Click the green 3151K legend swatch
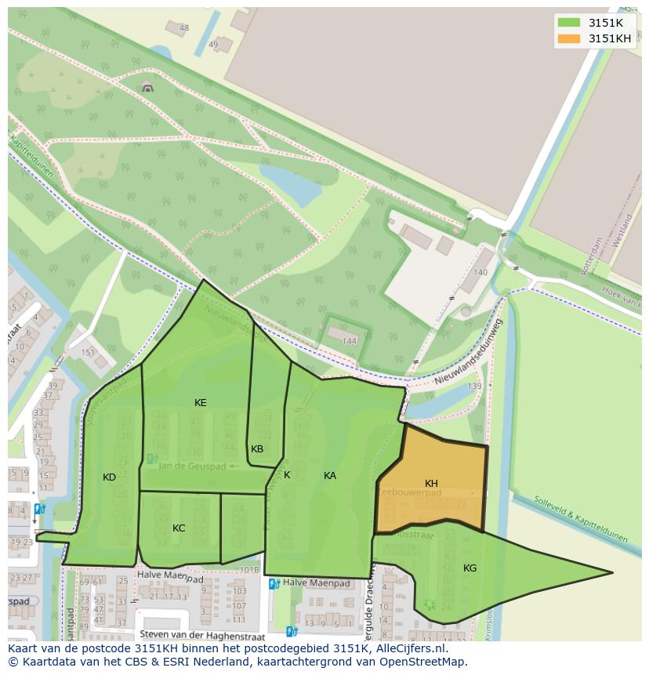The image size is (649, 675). [x=569, y=23]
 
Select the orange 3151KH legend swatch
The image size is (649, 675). [x=569, y=38]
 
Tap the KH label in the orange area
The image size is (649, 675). [x=431, y=483]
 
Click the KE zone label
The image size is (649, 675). [x=201, y=402]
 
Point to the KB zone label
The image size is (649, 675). [x=257, y=448]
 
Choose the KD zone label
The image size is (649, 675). [x=109, y=477]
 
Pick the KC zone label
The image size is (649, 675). [x=179, y=528]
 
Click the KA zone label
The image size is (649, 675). [x=330, y=475]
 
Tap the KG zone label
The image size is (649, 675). [x=470, y=568]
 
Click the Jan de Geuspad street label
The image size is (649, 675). [x=191, y=466]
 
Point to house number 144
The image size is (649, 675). [x=350, y=341]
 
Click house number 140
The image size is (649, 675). [x=480, y=272]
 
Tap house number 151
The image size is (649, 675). [x=88, y=353]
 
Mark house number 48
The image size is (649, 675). [x=184, y=28]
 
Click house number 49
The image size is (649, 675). [x=213, y=45]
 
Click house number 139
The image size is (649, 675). [x=474, y=386]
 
